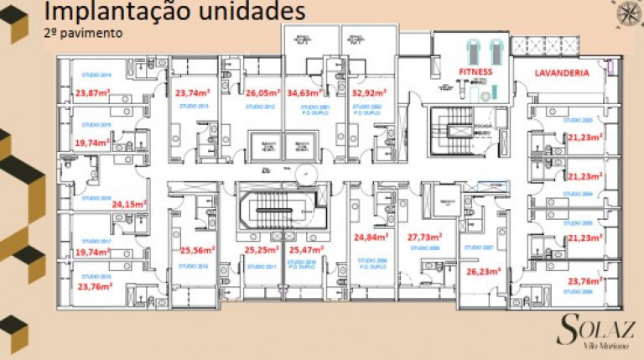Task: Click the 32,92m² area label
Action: tap(368, 94)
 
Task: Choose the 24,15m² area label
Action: tap(130, 203)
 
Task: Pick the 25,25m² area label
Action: tap(262, 250)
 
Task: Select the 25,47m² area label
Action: tap(306, 250)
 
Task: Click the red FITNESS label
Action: tap(475, 73)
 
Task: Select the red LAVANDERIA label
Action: tap(562, 73)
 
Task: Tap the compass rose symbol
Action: tap(627, 13)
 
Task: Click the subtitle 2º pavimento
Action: tap(83, 34)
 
